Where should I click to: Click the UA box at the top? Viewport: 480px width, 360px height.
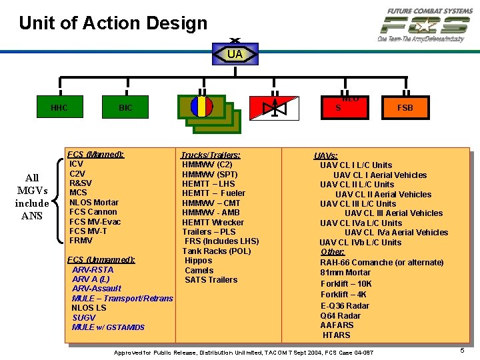coord(235,54)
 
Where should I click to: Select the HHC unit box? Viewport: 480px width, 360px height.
coord(59,107)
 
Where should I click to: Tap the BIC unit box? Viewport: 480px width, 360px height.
coord(125,107)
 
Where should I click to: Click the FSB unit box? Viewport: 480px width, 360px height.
coord(405,107)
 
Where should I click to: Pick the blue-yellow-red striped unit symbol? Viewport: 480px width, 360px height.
coord(201,107)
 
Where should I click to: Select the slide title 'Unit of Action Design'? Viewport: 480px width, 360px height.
coord(113,23)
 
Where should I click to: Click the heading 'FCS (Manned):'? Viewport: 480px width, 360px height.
coord(96,154)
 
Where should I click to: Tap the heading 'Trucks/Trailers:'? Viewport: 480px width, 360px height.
coord(211,155)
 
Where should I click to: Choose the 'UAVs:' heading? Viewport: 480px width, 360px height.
coord(326,156)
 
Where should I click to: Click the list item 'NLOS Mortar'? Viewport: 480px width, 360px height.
coord(94,202)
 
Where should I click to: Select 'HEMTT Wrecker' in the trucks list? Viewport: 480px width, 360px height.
coord(213,222)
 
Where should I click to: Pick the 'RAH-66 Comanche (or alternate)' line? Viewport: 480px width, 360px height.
coord(381,263)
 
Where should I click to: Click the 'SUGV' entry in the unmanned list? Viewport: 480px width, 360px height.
coord(84,317)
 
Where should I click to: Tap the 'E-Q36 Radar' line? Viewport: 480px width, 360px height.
coord(345,305)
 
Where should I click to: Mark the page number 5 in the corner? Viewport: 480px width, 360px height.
coord(462,350)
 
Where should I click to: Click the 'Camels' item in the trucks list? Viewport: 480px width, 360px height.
coord(199,270)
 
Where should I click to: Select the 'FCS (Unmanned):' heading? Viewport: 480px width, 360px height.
coord(102,259)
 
